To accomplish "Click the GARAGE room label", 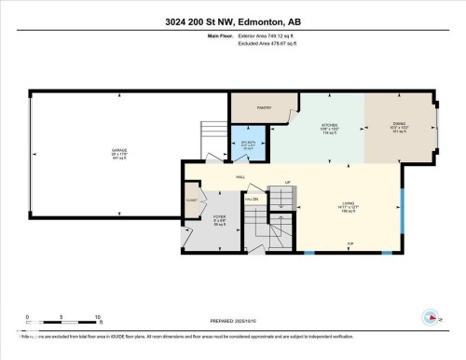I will tap(119, 149).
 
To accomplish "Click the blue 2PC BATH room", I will tap(247, 145).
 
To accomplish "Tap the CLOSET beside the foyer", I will tap(191, 200).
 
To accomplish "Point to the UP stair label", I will tap(288, 181).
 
